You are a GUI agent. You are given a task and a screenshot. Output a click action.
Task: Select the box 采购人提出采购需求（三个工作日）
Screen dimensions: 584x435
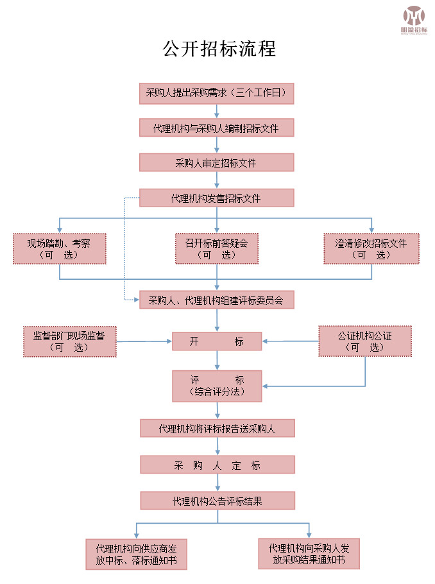point(216,93)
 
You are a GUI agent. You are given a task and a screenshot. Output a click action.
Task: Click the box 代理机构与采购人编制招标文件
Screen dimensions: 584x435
point(216,128)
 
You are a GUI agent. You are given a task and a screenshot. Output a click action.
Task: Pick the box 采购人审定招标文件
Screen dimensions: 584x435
point(216,162)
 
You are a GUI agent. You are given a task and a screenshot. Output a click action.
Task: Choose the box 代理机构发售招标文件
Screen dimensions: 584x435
point(216,198)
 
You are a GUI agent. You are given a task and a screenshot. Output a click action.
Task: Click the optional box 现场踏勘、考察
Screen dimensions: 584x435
point(60,248)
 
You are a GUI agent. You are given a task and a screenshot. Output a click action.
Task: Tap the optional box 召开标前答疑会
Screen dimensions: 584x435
point(217,248)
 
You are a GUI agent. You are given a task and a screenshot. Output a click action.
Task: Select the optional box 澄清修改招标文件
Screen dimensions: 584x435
point(371,248)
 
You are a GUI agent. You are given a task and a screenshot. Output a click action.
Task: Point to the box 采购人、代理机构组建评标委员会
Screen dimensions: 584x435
point(216,300)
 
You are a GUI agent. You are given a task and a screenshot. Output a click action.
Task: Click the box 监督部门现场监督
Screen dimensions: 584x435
point(69,341)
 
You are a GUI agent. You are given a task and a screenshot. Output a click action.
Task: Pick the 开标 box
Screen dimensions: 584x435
point(217,341)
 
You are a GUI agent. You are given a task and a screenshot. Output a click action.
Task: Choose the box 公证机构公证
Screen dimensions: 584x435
point(365,341)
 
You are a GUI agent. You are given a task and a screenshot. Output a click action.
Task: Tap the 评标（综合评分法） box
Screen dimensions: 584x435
point(217,386)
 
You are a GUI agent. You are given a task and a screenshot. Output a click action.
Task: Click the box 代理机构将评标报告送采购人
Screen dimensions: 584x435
point(217,429)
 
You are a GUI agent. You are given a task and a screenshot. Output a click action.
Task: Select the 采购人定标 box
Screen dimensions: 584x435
point(217,465)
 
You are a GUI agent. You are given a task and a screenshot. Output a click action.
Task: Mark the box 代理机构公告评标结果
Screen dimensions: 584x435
point(217,501)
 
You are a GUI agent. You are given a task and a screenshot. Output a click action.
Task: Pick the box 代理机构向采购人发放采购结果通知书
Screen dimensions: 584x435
point(309,554)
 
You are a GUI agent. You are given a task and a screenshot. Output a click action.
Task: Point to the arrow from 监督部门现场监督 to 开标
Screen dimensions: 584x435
point(144,341)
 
